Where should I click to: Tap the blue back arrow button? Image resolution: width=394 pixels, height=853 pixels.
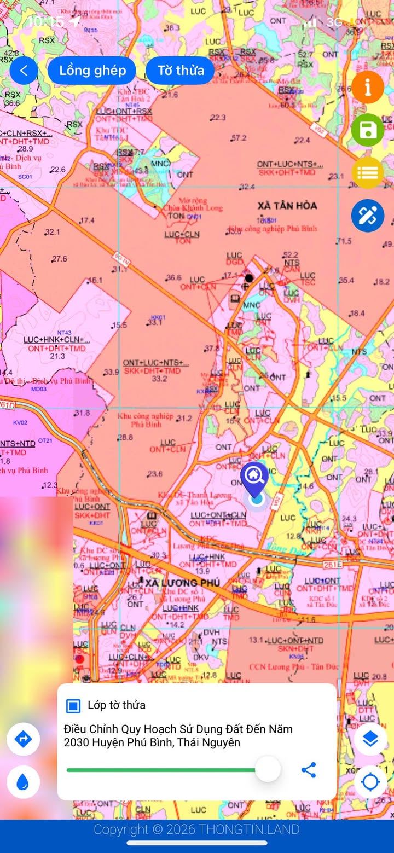click(24, 71)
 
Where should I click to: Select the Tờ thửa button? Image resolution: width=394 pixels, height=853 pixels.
click(181, 71)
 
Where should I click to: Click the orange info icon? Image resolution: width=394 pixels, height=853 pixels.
click(367, 87)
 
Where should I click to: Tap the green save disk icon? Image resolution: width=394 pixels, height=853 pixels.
click(367, 130)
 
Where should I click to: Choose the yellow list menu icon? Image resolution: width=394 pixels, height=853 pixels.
click(367, 173)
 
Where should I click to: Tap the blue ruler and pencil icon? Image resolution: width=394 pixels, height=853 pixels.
click(367, 216)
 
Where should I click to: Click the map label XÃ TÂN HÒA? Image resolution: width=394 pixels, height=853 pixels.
click(287, 205)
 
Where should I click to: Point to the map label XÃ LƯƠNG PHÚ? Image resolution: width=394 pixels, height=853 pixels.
click(183, 582)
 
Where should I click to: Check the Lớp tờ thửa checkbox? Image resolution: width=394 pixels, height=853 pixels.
click(73, 706)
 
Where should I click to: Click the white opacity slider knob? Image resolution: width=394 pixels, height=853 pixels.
click(268, 769)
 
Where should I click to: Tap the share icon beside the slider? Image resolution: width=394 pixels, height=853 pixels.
click(309, 770)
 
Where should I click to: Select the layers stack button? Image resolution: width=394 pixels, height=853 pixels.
click(370, 739)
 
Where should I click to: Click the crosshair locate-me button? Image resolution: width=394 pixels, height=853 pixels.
click(370, 782)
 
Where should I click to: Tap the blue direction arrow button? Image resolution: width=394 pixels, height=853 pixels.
click(23, 739)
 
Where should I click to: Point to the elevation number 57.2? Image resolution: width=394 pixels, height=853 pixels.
click(239, 138)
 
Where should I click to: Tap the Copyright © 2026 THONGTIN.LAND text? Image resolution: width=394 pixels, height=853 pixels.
click(196, 829)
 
